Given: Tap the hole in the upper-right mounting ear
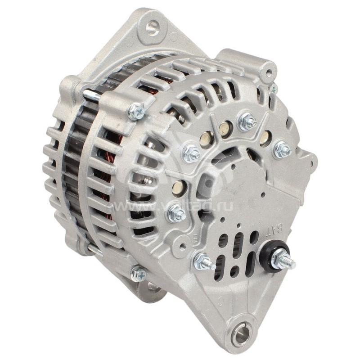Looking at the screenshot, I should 269,72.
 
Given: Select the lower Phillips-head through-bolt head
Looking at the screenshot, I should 138,274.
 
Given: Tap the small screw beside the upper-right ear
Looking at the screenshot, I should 274,89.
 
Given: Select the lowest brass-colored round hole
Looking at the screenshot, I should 179,187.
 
